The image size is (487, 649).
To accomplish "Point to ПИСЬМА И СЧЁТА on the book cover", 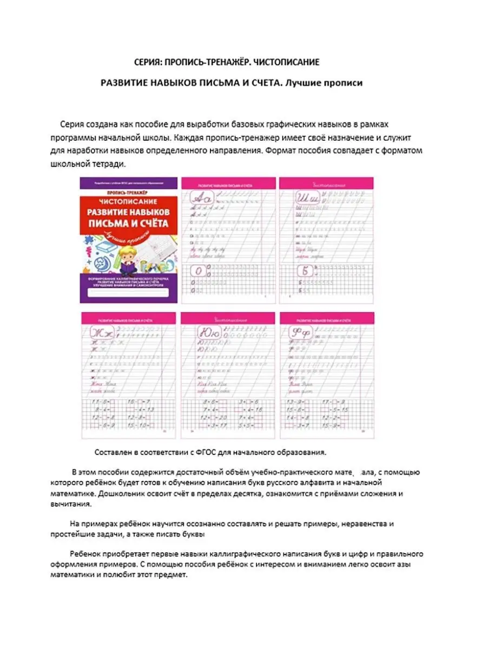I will coord(128,222).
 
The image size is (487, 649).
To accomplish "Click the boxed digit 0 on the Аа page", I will coord(199,271).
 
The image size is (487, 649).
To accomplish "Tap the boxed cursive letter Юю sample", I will coord(200,332).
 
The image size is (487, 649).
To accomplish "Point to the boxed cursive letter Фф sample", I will coord(299,332).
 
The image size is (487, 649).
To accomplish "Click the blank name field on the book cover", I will coord(128,293).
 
